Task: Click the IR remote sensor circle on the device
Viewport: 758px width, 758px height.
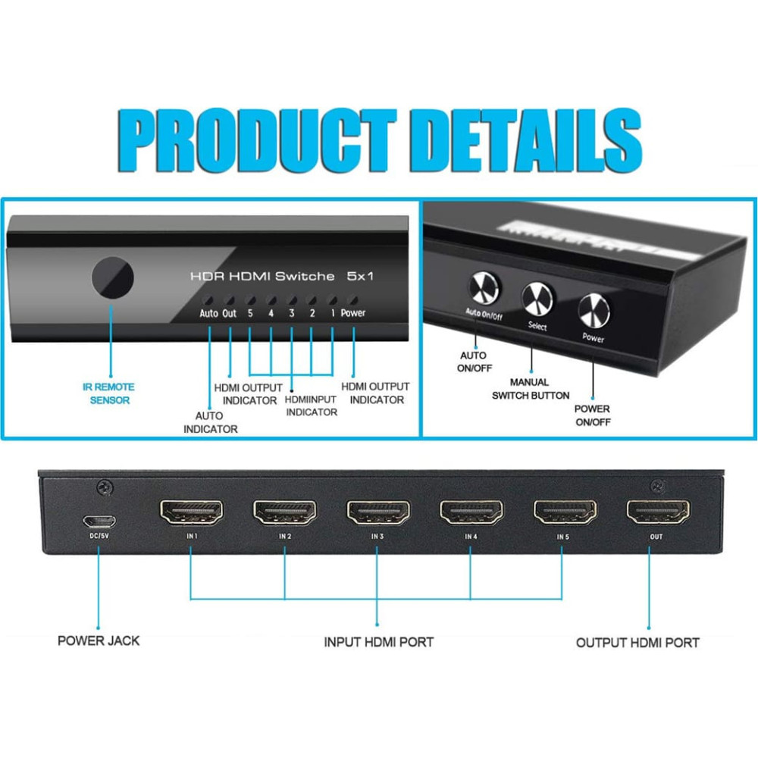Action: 112,277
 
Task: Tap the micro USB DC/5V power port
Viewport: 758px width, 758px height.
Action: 99,522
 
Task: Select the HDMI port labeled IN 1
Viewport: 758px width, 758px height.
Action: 191,513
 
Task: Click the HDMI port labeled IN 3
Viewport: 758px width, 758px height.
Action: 377,513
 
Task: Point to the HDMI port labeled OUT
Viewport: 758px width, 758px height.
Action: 657,513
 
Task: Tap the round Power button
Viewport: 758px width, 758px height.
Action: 594,310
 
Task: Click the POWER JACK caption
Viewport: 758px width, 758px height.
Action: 99,641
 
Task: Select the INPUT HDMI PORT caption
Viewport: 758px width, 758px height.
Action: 378,642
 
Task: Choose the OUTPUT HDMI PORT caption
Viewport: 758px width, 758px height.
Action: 637,643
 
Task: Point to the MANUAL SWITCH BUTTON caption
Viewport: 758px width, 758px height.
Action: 531,389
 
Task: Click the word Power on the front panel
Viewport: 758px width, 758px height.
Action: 352,312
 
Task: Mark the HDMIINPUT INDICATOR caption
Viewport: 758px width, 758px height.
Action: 311,406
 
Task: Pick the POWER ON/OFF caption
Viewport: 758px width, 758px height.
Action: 592,415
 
